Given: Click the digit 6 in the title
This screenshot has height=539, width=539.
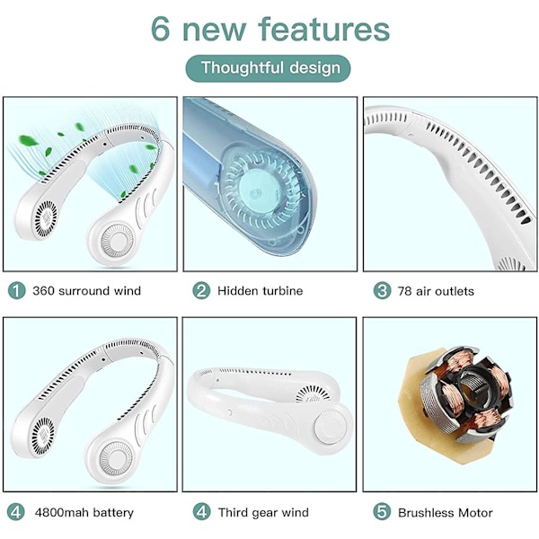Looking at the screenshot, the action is pos(160,30).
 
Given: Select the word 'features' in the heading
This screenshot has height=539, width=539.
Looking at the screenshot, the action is pos(324,30).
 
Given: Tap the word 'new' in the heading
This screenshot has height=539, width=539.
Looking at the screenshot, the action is pos(214,32).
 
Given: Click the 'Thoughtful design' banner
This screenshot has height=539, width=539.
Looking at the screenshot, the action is pos(268,68).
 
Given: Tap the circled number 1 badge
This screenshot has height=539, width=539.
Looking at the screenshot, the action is pos(16,290).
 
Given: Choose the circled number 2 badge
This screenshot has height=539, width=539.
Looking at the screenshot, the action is pos(201,290).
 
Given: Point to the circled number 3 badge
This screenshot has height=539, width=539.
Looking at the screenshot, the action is pos(382,290).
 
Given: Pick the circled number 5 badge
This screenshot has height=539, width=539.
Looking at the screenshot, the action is pos(382,512).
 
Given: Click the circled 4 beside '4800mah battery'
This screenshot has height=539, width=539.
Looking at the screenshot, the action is pos(16,512).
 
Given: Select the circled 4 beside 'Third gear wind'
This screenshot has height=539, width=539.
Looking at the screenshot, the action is pos(201,512).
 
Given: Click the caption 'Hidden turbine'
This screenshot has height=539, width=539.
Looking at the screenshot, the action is pos(260,291).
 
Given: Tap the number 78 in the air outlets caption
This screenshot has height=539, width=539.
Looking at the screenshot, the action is pos(404,291).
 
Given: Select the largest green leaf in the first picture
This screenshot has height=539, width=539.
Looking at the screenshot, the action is pos(28,141).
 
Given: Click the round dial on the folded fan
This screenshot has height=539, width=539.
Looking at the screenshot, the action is pos(329,427).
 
